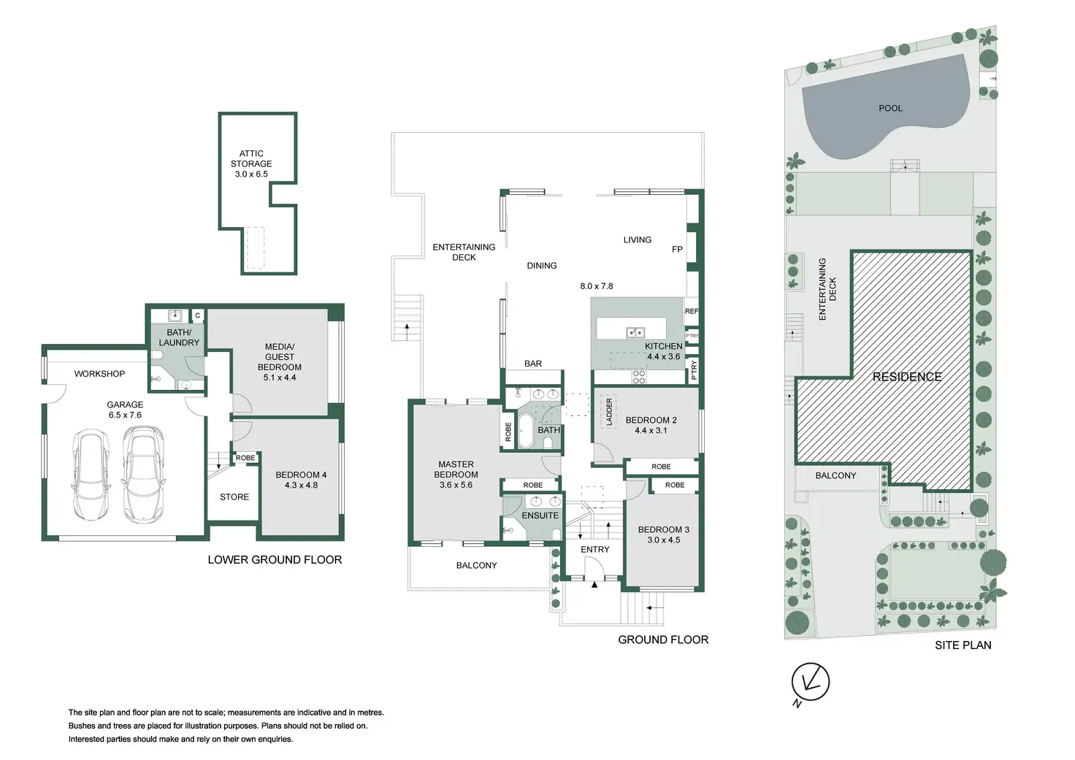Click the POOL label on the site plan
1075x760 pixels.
[890, 108]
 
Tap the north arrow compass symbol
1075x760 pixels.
[810, 682]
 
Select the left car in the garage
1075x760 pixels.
[91, 475]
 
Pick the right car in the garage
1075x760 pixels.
[142, 474]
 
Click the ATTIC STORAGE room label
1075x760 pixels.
[251, 164]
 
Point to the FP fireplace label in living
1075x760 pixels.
[677, 250]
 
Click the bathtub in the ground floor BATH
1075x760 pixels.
[525, 431]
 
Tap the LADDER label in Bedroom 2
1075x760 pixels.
[609, 412]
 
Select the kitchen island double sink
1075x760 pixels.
[635, 333]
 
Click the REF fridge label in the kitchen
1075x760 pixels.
[691, 311]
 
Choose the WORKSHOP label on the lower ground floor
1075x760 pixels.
[99, 374]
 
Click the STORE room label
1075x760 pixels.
[234, 497]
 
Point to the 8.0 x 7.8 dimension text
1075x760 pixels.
[597, 286]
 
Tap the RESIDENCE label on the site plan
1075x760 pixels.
[907, 377]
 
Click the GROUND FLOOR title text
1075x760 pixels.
[663, 640]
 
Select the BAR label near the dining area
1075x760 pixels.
[533, 364]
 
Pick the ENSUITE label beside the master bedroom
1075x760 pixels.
[540, 515]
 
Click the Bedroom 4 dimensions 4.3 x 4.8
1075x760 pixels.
[301, 485]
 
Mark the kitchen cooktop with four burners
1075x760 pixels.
[639, 377]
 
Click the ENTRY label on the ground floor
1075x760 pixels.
[595, 550]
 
